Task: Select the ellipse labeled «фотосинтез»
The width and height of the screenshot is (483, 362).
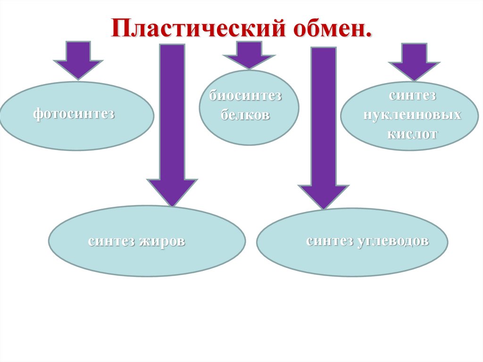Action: click(x=76, y=116)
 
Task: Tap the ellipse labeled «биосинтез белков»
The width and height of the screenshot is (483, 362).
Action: click(x=249, y=107)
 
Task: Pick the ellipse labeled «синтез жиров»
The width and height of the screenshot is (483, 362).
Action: click(x=147, y=241)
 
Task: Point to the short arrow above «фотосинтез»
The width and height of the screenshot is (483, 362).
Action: click(x=78, y=59)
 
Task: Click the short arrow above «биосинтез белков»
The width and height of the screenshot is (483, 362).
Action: click(x=249, y=55)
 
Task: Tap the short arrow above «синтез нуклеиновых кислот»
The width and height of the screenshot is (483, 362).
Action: click(x=414, y=60)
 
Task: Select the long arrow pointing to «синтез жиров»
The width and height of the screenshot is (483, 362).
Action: click(x=172, y=123)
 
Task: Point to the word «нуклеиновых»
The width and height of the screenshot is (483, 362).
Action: click(x=412, y=115)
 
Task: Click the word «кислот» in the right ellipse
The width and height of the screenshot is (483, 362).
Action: click(x=413, y=134)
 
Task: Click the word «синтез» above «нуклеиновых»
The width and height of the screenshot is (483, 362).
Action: click(x=413, y=95)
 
